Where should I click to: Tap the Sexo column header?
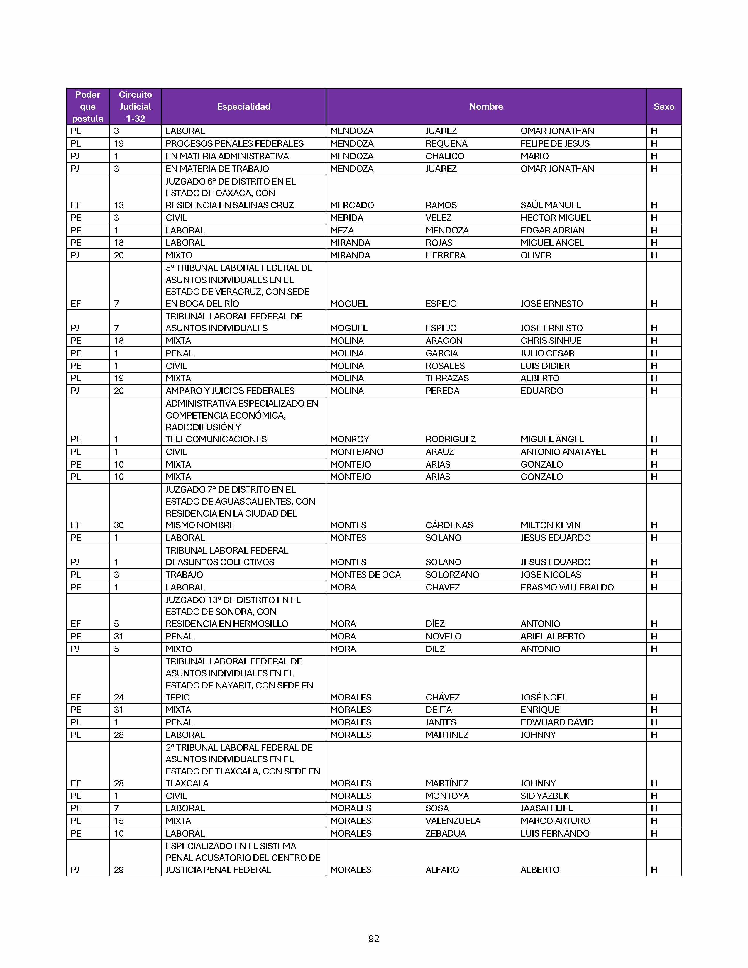point(663,106)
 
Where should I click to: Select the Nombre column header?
point(486,106)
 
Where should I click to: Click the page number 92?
point(373,939)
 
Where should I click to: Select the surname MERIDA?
point(346,218)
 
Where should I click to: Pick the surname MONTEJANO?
point(356,452)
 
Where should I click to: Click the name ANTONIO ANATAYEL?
point(563,452)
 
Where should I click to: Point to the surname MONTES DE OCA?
point(365,574)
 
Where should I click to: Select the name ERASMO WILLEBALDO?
point(567,587)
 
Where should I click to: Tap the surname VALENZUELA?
point(452,821)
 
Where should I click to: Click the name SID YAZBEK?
point(545,796)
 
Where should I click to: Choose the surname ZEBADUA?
point(445,833)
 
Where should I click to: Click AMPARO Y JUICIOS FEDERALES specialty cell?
point(230,390)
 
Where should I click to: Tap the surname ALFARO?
point(442,870)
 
